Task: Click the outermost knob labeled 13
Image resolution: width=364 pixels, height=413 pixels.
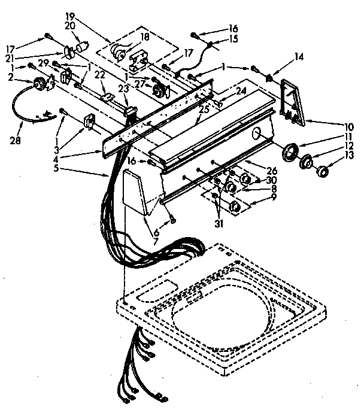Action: click(323, 173)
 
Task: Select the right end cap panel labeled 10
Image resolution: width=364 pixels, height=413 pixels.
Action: click(293, 102)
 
